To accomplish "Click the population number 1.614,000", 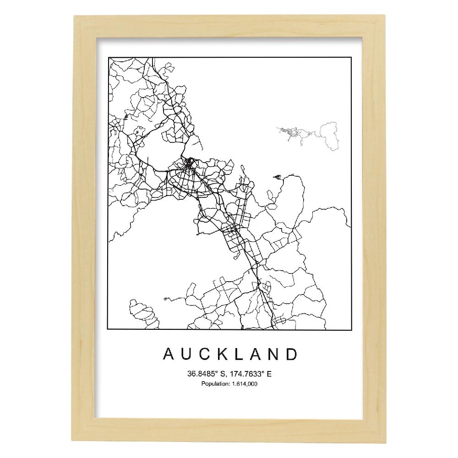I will (x=243, y=384).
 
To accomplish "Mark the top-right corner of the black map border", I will (x=351, y=58).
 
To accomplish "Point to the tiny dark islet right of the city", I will (x=276, y=176).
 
